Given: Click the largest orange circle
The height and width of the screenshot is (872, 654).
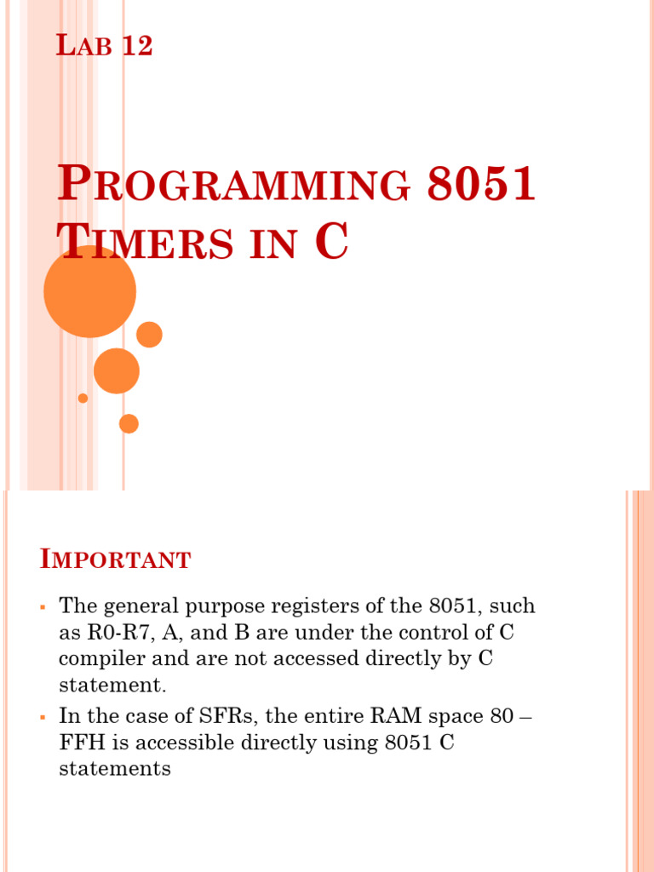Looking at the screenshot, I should pos(89,290).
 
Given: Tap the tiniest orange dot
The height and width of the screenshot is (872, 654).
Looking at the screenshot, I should pos(83,398).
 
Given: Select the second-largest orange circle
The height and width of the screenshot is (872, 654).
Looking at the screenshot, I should pos(116,370).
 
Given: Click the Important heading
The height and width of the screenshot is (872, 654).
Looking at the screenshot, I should pos(116,560).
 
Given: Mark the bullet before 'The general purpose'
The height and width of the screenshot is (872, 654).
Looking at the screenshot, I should pos(42,607).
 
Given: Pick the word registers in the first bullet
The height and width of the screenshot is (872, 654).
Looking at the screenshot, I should pos(328,606).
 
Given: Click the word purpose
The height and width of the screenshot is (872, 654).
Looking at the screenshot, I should pos(242,608).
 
